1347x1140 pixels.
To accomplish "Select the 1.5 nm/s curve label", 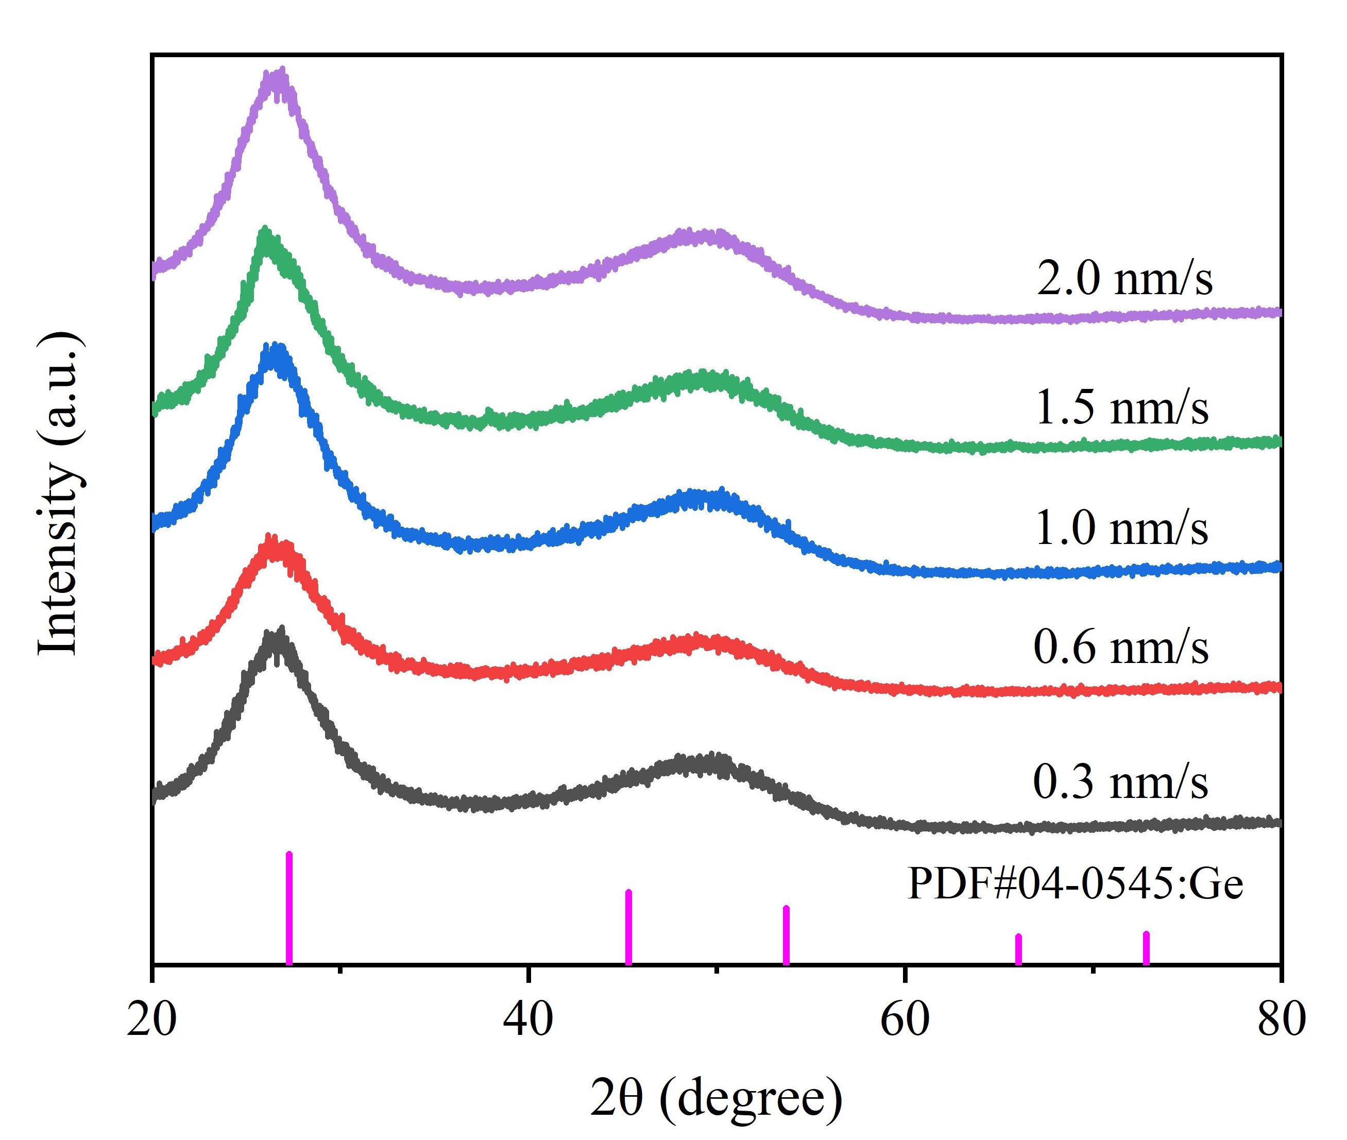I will pyautogui.click(x=1121, y=408).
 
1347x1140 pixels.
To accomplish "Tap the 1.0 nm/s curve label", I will pyautogui.click(x=1121, y=528).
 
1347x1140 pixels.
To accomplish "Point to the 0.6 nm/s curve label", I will pyautogui.click(x=1121, y=647).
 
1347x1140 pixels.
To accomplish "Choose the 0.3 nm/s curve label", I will pyautogui.click(x=1121, y=782).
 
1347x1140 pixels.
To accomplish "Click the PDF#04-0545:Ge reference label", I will pyautogui.click(x=1075, y=883).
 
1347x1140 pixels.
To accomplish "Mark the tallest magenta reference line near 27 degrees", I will pyautogui.click(x=289, y=908).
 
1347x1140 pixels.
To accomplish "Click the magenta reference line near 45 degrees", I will pyautogui.click(x=628, y=927).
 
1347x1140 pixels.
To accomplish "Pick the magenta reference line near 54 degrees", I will pyautogui.click(x=786, y=935).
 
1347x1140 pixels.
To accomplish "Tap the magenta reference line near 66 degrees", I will pyautogui.click(x=1019, y=949).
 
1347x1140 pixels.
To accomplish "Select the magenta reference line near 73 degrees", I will pyautogui.click(x=1146, y=947).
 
